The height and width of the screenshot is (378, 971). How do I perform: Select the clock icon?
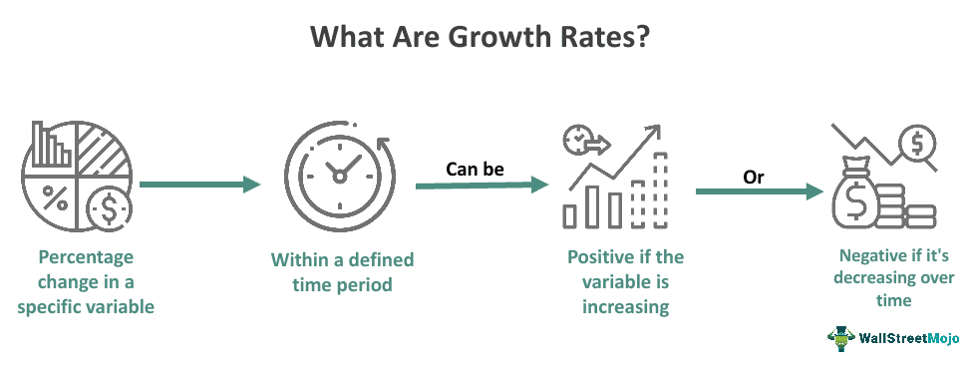click(338, 176)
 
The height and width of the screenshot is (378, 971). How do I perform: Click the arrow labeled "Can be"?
click(483, 186)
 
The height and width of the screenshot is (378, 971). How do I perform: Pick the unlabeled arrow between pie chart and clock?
click(199, 185)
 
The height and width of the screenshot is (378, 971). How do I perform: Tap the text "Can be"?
click(475, 169)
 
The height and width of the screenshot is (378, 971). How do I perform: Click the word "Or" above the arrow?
click(754, 177)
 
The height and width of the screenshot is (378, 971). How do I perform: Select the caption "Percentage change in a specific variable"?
click(86, 281)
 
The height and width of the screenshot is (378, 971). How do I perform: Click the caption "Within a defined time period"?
click(342, 271)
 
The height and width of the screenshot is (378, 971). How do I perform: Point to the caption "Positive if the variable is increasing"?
click(625, 281)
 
